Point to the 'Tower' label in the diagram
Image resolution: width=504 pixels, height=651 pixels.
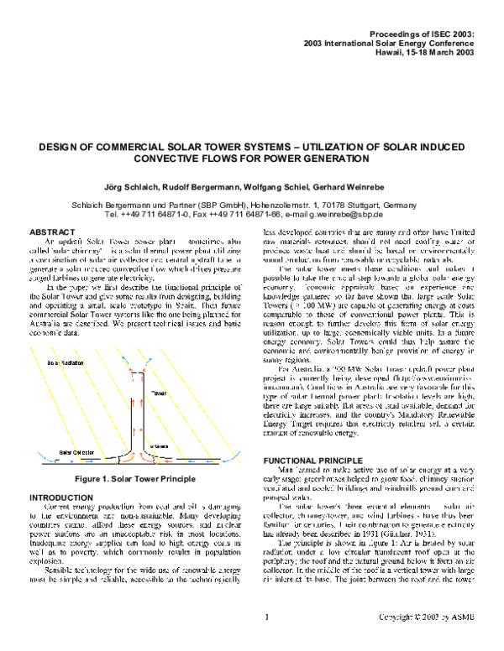[159, 393]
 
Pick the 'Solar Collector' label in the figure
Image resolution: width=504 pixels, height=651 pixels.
[76, 453]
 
